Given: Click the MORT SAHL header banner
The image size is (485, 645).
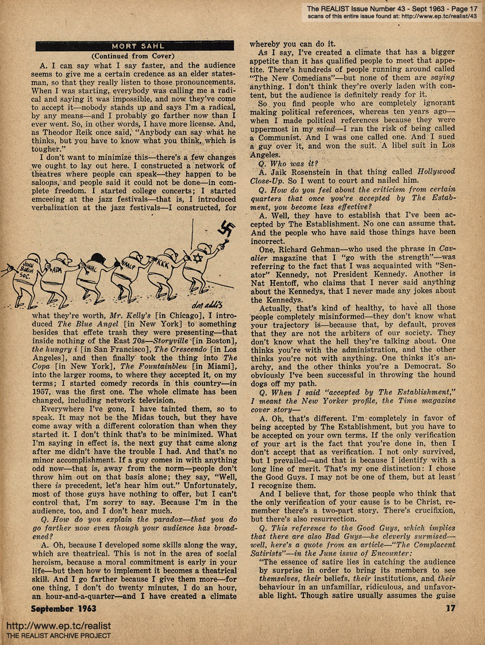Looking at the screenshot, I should [x=134, y=46].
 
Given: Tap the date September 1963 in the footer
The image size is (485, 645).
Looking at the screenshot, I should [x=64, y=608].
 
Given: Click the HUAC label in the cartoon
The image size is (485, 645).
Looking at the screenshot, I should [x=93, y=268].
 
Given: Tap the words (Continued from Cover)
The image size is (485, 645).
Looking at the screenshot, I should [x=134, y=56].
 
